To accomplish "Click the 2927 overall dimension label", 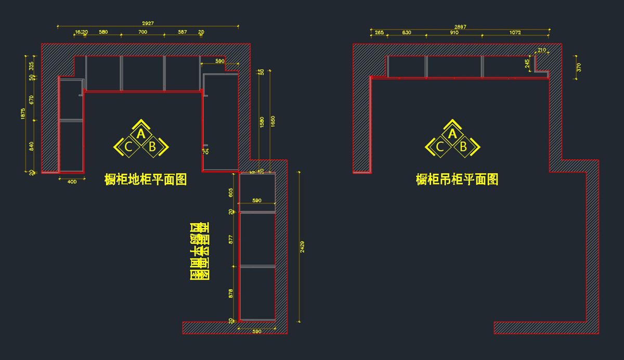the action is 148,23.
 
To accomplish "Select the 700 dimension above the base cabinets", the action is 142,32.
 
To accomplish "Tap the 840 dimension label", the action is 31,146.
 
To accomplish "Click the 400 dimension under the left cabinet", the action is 72,182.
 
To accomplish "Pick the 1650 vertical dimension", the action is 273,120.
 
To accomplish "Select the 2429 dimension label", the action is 303,246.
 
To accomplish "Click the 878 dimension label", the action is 231,294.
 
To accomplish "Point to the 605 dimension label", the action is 231,192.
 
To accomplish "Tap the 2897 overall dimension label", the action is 460,27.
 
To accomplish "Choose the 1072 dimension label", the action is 515,32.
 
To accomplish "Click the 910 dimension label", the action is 454,32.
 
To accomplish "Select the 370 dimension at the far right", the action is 579,67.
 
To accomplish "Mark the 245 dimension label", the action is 527,63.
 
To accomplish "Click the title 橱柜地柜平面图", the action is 146,179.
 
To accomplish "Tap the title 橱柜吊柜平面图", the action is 457,179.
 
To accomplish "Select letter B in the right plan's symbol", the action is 463,147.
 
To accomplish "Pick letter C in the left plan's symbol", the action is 129,147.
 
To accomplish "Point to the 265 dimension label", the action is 379,32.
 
